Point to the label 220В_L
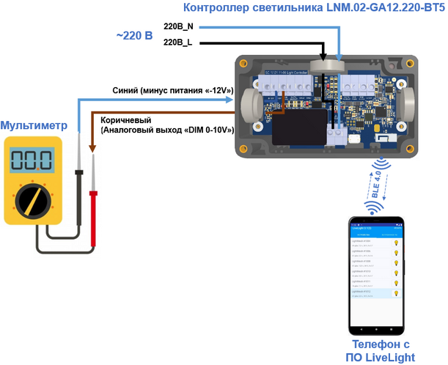(177, 43)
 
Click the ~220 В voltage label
(133, 34)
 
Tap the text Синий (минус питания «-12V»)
(173, 90)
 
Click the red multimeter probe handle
(94, 220)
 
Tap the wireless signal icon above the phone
(375, 207)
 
